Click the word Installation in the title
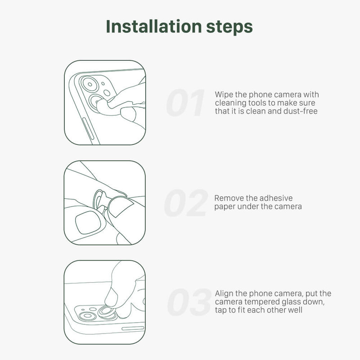point(154,26)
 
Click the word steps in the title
point(229,27)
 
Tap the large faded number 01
point(185,103)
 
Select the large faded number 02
point(186,203)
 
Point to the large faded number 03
point(189,302)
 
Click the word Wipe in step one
point(224,94)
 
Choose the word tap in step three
point(220,310)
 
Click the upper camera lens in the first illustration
point(90,84)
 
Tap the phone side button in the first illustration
point(88,129)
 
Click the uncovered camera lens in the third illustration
point(87,316)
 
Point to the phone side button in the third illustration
point(133,328)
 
